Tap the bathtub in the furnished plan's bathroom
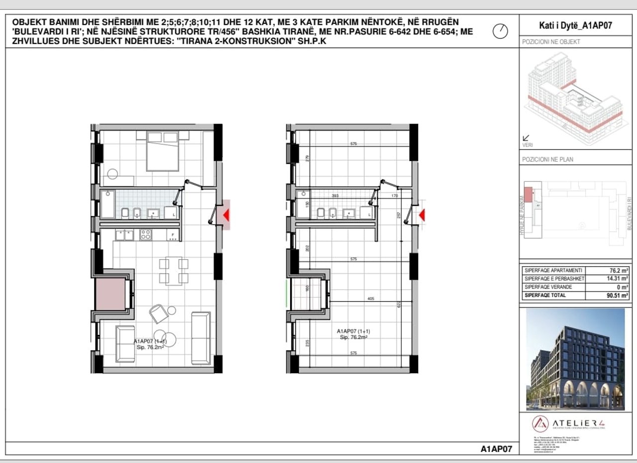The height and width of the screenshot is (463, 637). [x=107, y=204]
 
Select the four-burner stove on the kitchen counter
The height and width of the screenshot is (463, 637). [x=146, y=234]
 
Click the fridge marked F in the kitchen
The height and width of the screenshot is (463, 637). [x=173, y=234]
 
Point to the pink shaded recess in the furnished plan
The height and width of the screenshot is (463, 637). [x=110, y=294]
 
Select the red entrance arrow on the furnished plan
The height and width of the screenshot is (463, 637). [x=225, y=215]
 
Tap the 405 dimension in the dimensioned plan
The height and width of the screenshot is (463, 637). [x=370, y=299]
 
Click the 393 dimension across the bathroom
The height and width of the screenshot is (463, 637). [x=335, y=196]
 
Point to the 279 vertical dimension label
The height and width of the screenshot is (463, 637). [x=308, y=158]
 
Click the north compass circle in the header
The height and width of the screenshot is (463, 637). [x=500, y=31]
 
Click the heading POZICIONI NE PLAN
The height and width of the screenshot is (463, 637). [x=547, y=160]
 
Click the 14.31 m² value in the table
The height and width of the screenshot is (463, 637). [x=615, y=279]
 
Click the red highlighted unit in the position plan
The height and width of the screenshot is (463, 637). [x=528, y=191]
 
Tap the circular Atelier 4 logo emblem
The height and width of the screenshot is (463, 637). [x=540, y=424]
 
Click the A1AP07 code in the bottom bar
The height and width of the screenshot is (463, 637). [x=496, y=449]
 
